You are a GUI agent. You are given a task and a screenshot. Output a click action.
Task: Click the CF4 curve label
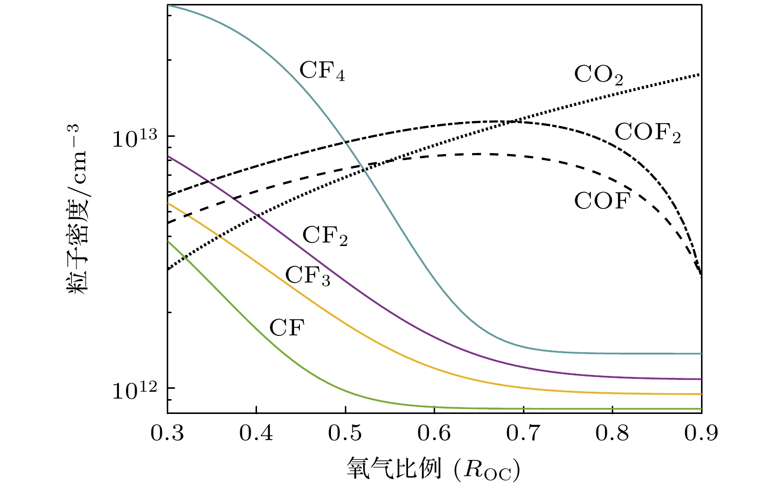[x=322, y=71]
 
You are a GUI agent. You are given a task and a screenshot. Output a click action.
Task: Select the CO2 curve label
[x=598, y=76]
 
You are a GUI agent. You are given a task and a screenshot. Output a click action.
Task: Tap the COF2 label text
[x=647, y=133]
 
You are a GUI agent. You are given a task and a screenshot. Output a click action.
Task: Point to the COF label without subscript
[x=602, y=202]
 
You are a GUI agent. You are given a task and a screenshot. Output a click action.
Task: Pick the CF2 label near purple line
[x=325, y=236]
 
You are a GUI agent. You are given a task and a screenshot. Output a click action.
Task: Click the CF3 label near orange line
[x=308, y=276]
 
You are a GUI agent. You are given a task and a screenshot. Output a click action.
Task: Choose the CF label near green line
[x=287, y=327]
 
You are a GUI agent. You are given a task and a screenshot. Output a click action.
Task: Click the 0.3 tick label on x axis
[x=167, y=433]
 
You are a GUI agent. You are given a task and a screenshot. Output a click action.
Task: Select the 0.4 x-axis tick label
[x=256, y=433]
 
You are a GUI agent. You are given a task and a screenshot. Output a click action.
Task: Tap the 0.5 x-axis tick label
[x=345, y=433]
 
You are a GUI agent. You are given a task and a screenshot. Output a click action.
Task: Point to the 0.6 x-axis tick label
[x=434, y=433]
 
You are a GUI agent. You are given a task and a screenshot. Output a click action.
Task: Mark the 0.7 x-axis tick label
[x=523, y=433]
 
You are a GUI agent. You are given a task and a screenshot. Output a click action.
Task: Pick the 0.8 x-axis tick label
[x=612, y=433]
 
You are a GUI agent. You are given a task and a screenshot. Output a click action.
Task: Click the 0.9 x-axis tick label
[x=701, y=433]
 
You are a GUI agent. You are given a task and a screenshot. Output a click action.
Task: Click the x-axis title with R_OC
[x=434, y=468]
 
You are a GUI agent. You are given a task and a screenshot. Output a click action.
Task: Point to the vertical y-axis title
[x=79, y=210]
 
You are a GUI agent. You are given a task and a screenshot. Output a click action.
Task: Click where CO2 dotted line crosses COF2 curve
[x=515, y=121]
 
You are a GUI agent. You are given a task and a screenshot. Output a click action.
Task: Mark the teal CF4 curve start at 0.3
[x=168, y=5]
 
